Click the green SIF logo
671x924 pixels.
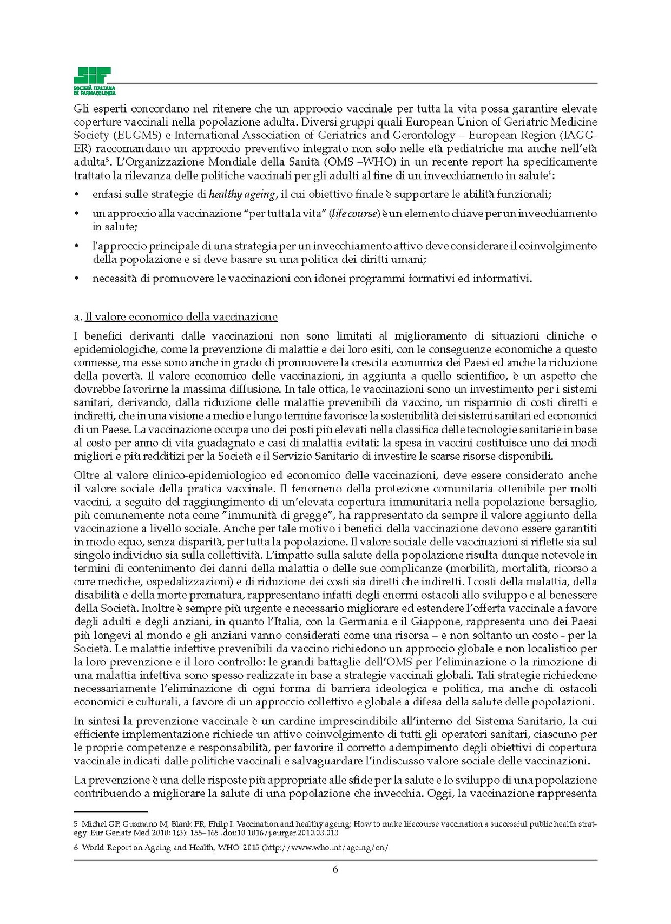point(94,81)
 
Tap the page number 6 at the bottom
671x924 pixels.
point(335,870)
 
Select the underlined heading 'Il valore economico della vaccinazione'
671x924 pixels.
point(181,317)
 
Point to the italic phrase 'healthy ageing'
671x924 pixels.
point(242,194)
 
